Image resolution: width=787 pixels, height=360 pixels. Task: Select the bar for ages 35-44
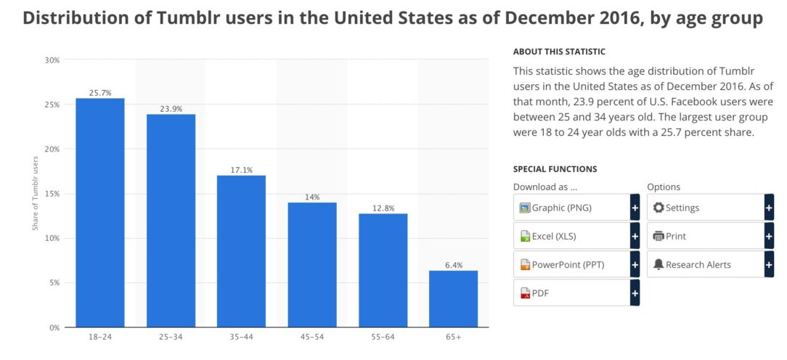click(241, 251)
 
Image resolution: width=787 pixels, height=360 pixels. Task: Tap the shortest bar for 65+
click(453, 298)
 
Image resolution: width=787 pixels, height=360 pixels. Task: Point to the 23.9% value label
click(171, 110)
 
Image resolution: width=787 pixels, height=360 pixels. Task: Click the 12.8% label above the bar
click(383, 209)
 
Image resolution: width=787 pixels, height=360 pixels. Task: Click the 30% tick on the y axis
click(51, 60)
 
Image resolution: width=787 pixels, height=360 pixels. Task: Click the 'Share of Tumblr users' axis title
click(35, 194)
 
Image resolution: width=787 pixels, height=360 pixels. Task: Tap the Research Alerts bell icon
click(658, 264)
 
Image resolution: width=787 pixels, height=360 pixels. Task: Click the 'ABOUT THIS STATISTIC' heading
click(559, 52)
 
